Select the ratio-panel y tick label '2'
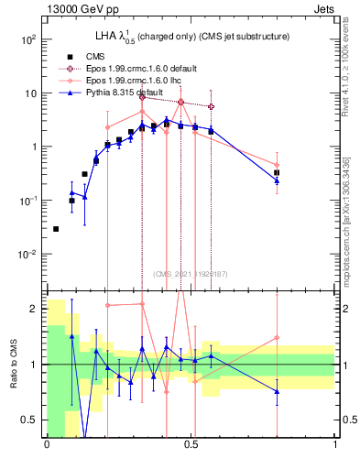coord(32,309)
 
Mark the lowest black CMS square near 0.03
coord(56,229)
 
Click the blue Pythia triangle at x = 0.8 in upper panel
coord(277,180)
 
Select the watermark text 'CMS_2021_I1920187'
coord(191,274)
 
